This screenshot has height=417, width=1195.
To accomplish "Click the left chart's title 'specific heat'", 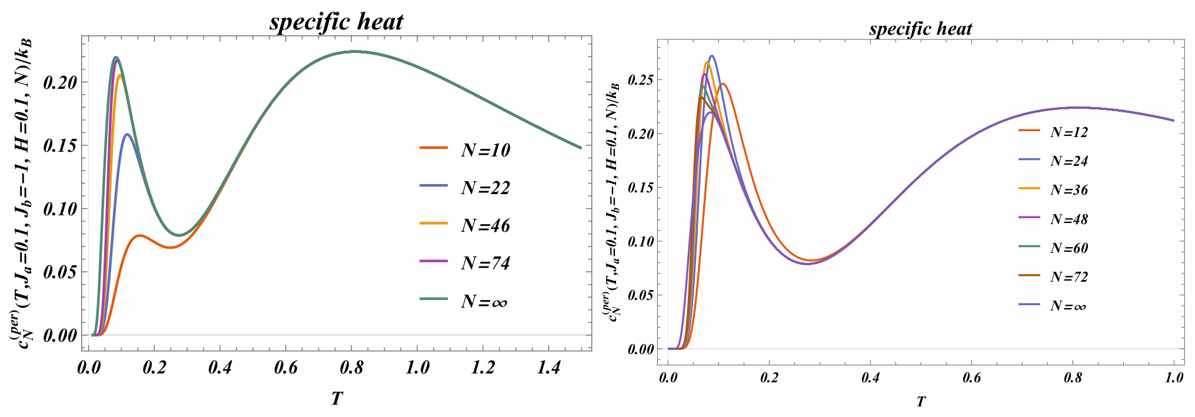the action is point(337,22).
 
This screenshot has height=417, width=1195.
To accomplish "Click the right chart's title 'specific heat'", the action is point(920,29).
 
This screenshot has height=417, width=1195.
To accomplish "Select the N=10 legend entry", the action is point(465,150).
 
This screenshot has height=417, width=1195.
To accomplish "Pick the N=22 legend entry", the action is point(465,188).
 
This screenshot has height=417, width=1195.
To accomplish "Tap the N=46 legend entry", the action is point(465,225).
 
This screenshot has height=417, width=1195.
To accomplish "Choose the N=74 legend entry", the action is point(465,263).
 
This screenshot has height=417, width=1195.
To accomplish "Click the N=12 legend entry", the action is point(1053,132).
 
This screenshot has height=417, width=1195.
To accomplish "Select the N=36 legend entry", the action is point(1053,190).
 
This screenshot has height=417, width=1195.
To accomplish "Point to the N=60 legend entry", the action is point(1053,248).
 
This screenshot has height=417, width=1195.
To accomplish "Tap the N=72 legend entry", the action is point(1053,277).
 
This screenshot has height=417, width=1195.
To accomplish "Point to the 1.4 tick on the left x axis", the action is point(549,368).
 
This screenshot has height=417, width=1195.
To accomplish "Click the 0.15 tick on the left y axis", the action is point(60,145).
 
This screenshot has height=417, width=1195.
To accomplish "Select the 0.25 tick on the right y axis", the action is point(641,80).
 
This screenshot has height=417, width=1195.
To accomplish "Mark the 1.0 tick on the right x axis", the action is point(1174,378).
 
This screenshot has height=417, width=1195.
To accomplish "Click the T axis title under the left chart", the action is point(337,399).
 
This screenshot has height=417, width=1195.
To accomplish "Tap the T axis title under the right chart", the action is point(921,402).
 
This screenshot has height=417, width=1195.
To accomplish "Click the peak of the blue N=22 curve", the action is point(127,134).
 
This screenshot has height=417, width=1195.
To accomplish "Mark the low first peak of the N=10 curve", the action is point(139,235).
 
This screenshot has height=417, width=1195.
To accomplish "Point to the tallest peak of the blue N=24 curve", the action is point(712,56).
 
